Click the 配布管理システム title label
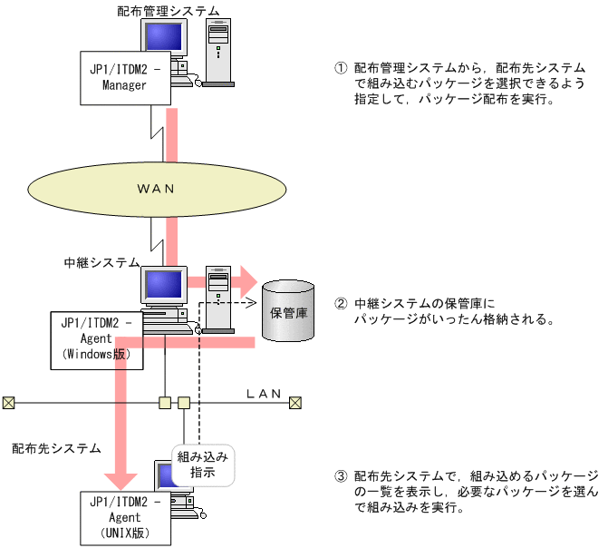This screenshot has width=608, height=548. tap(169, 10)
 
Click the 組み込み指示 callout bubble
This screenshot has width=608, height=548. tap(203, 464)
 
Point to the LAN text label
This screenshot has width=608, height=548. tap(265, 394)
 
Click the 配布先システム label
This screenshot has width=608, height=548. tap(56, 448)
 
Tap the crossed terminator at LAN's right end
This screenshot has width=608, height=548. tap(295, 402)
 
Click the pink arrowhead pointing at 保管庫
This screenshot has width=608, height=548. tap(246, 281)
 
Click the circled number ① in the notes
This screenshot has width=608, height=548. tap(341, 68)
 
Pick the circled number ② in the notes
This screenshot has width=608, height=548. tap(341, 304)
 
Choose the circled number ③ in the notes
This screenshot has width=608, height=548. tap(341, 475)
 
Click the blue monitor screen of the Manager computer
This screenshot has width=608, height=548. tap(162, 37)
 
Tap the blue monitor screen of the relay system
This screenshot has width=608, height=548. tap(163, 286)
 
